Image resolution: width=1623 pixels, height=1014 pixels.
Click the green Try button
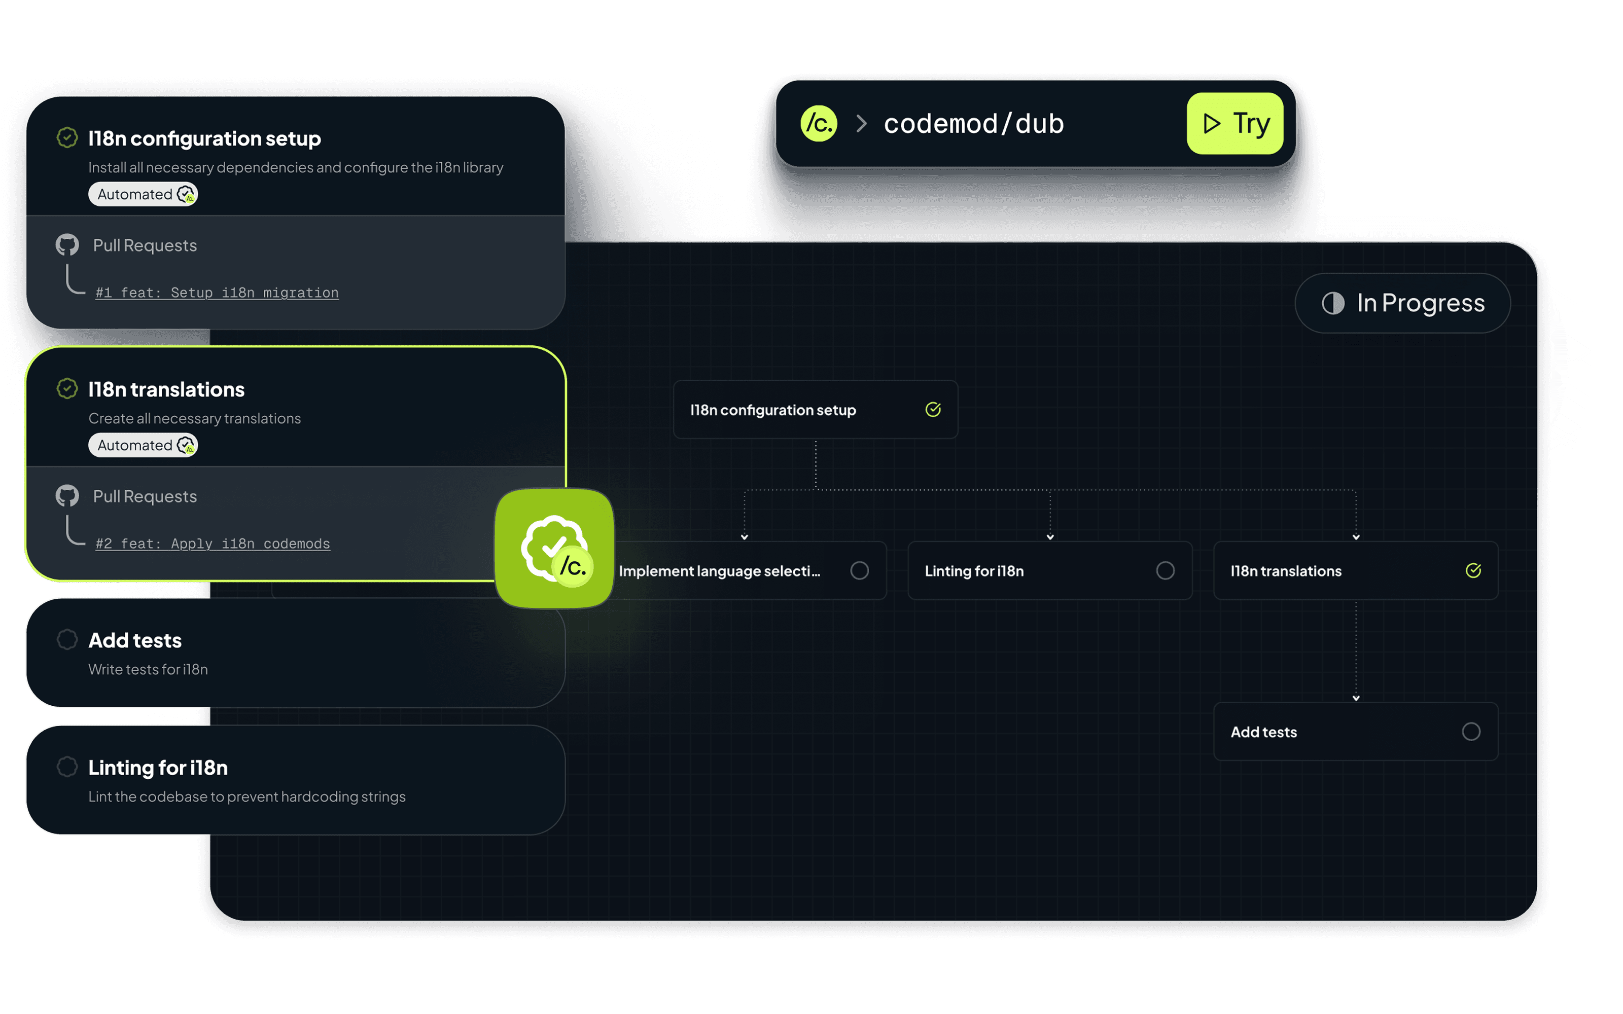tap(1234, 123)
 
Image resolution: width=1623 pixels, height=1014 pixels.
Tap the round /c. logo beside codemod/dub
tap(819, 123)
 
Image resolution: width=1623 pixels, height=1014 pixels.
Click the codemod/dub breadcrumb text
tap(974, 123)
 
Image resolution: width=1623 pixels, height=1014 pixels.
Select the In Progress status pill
tap(1402, 303)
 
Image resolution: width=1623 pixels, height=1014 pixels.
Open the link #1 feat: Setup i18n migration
tap(217, 293)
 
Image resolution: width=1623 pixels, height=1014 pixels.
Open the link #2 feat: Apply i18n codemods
tap(213, 543)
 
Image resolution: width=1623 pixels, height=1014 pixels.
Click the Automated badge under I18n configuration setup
tap(143, 195)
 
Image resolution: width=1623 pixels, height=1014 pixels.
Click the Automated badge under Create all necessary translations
tap(143, 445)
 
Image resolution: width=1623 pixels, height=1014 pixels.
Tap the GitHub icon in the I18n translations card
tap(67, 496)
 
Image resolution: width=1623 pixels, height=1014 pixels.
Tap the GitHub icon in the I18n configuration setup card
tap(67, 245)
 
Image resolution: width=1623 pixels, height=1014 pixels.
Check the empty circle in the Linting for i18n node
tap(1166, 571)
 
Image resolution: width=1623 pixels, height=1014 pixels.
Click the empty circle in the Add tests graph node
tap(1471, 732)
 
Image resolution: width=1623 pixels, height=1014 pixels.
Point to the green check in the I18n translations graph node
tap(1473, 571)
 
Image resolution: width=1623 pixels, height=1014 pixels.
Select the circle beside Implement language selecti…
tap(860, 571)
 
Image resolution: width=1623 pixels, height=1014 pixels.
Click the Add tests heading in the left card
tap(135, 640)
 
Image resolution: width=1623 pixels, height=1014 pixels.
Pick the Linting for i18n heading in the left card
tap(158, 768)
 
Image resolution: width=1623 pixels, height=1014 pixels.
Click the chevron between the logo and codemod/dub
tap(862, 123)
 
